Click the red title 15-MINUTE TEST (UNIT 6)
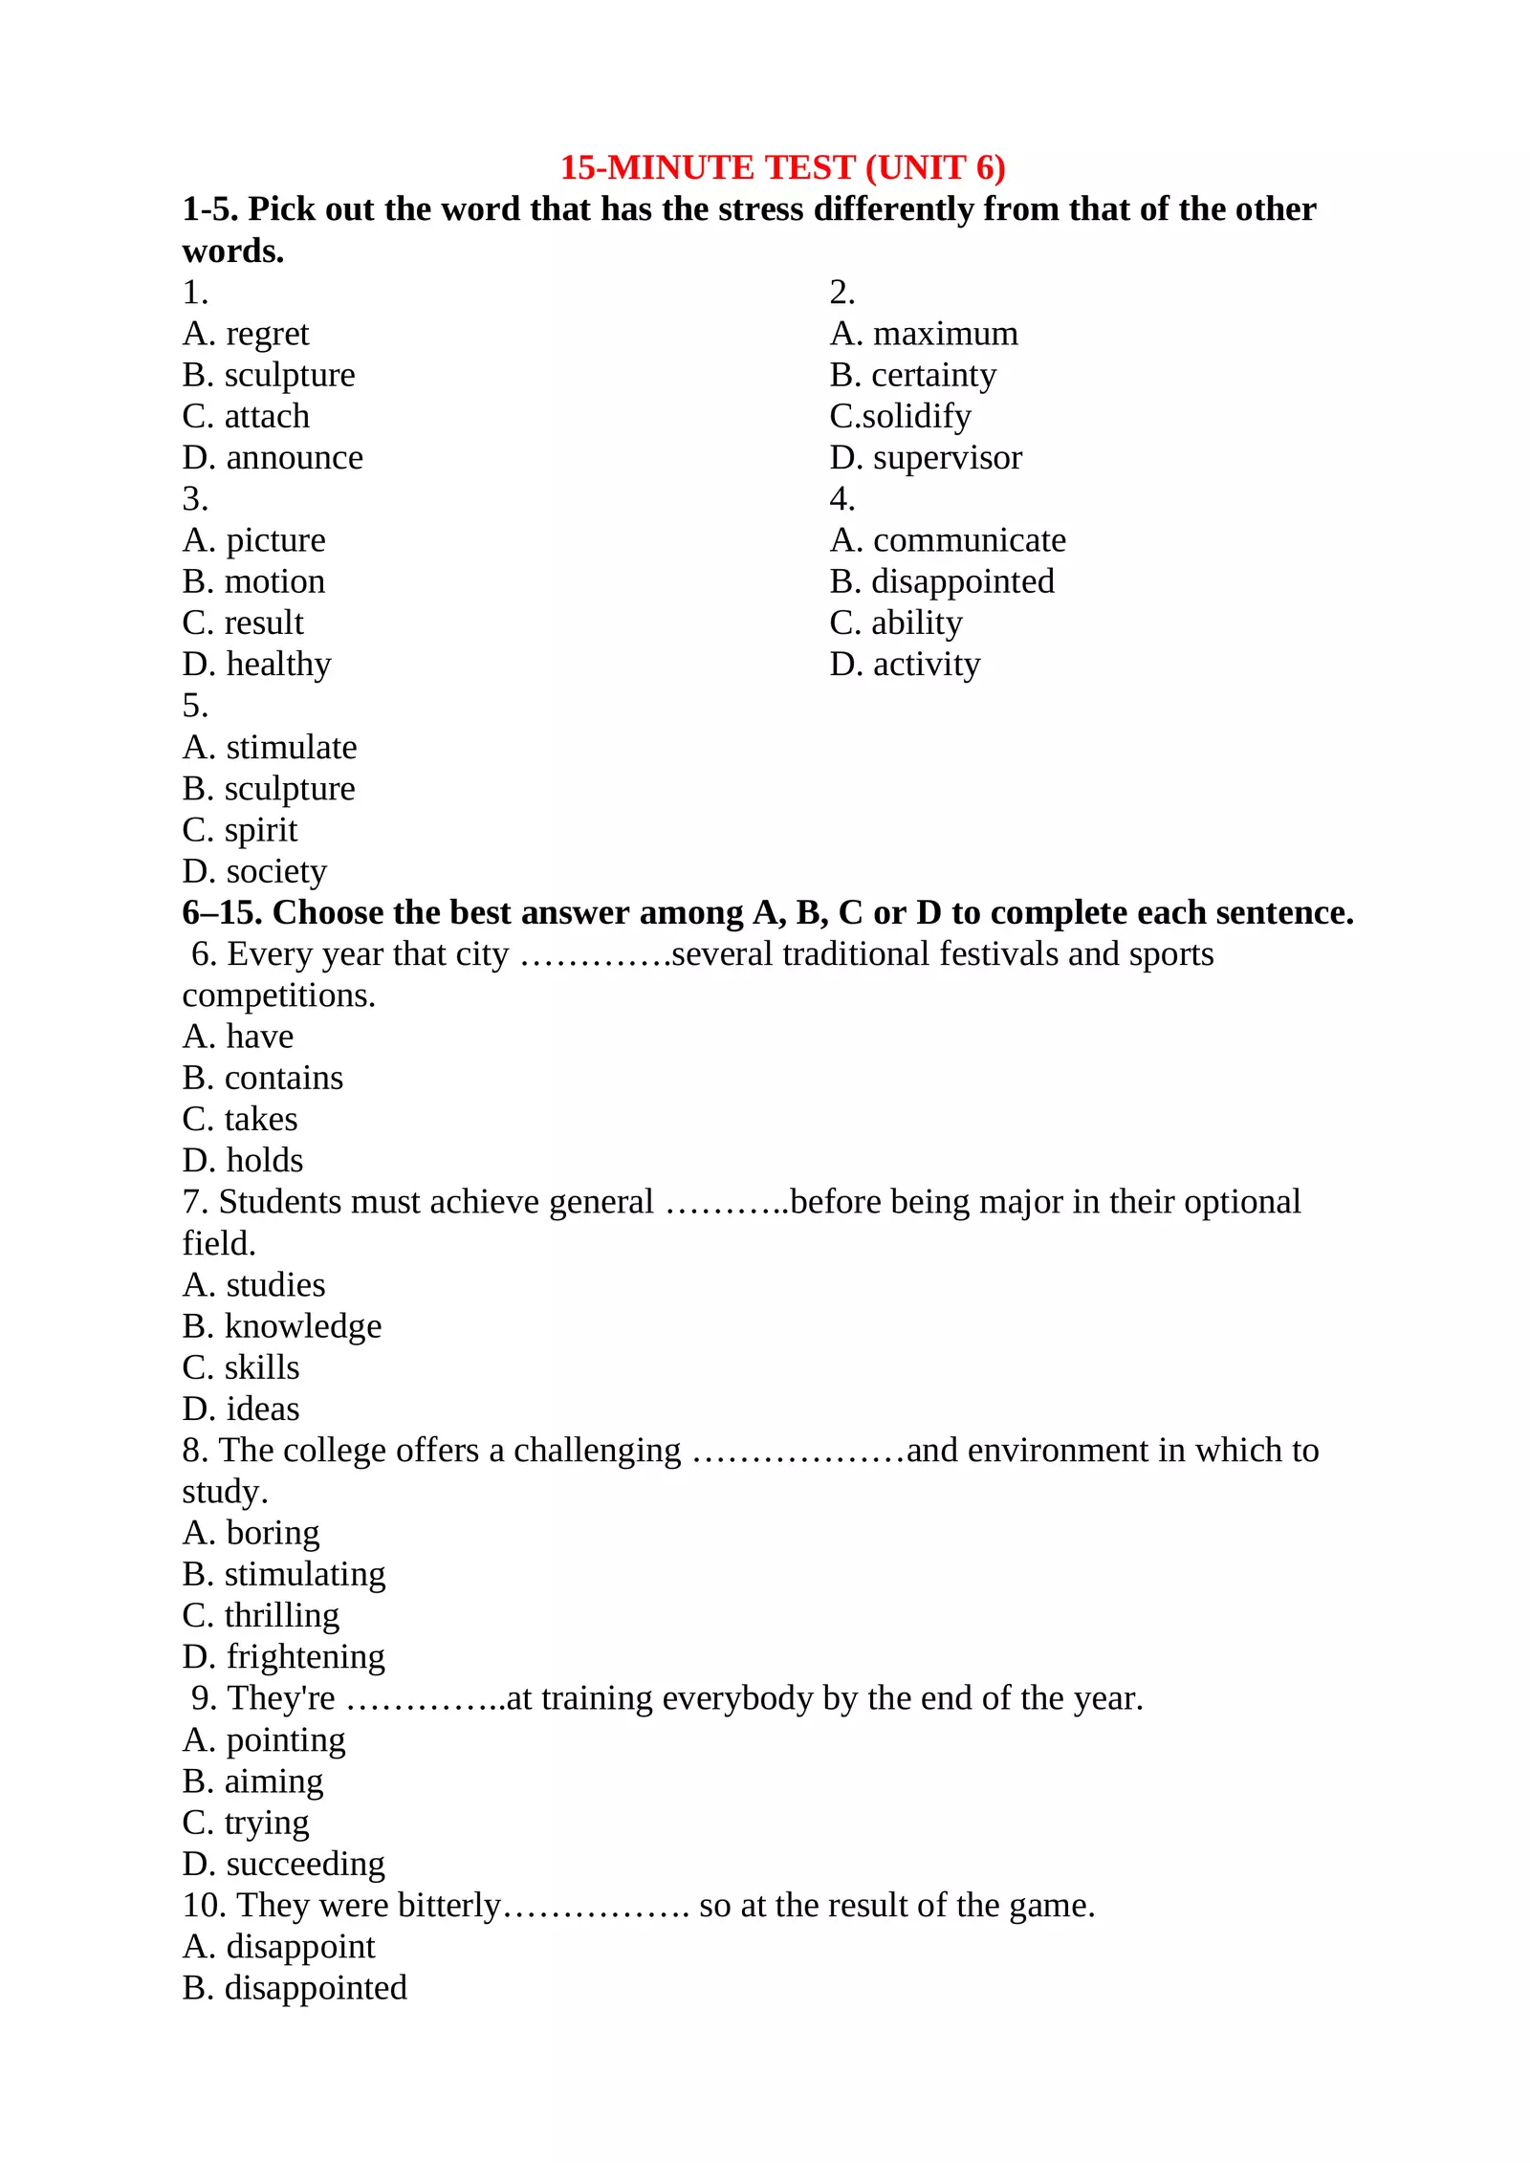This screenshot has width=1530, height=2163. click(x=782, y=167)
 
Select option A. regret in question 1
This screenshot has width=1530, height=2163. click(x=246, y=334)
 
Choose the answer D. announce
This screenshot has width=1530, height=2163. click(x=273, y=458)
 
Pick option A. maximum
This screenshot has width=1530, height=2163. click(x=924, y=334)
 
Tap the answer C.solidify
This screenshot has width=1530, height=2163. click(x=900, y=417)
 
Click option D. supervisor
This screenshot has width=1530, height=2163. click(x=926, y=458)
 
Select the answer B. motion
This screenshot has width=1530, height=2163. click(x=253, y=581)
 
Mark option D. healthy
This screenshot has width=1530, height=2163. click(x=256, y=665)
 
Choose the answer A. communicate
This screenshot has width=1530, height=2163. click(x=948, y=540)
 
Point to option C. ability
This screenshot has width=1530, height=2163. click(x=896, y=623)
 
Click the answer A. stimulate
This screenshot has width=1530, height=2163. click(x=270, y=747)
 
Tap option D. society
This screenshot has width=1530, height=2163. click(x=254, y=871)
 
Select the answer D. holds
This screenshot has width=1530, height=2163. click(x=243, y=1161)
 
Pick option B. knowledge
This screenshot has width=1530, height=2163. click(x=282, y=1326)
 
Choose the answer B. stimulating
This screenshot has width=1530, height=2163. click(x=284, y=1575)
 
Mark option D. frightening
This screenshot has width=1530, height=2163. click(x=284, y=1657)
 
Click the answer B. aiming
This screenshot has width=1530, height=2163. click(x=252, y=1781)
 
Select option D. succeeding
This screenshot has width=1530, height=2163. click(x=284, y=1864)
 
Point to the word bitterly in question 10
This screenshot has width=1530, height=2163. click(x=449, y=1906)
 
